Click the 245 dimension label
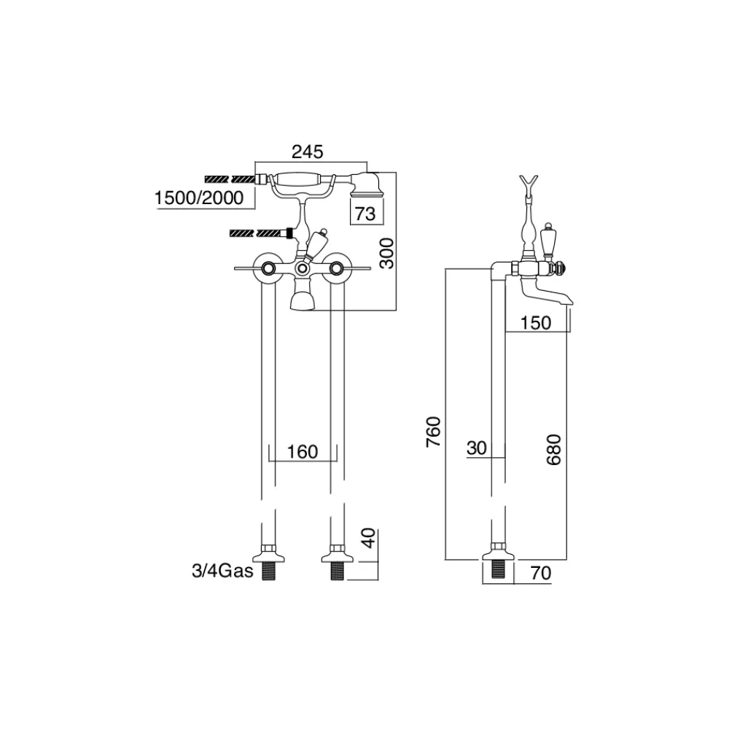point(307,152)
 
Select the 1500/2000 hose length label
point(199,198)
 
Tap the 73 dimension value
point(365,214)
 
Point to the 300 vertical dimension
point(386,253)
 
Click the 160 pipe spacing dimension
point(303,451)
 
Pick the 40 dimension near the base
point(368,538)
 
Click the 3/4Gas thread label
point(222,571)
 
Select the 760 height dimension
point(433,432)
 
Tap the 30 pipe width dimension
point(477,448)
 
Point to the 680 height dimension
point(554,450)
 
